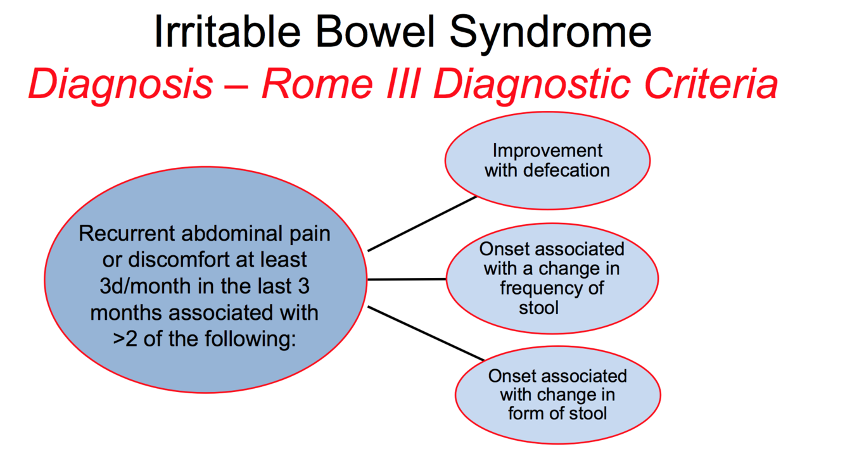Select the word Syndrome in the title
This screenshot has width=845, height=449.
pos(549,33)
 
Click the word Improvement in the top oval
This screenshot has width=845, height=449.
pos(548,151)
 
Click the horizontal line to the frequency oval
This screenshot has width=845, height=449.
pos(407,279)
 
